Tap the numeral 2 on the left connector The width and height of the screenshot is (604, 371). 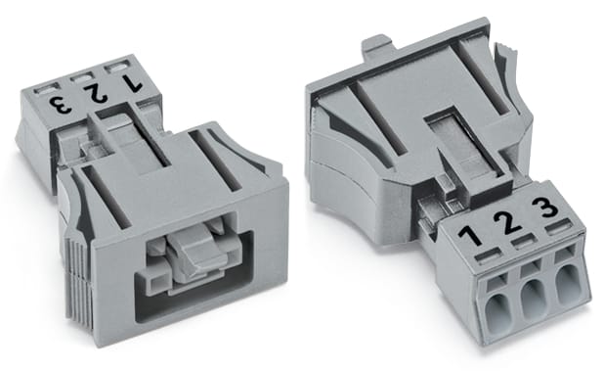[97, 94]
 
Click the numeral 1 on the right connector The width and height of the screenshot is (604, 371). [471, 234]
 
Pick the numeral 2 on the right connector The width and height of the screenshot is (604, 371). [509, 221]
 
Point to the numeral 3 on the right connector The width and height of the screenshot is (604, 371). [547, 208]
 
